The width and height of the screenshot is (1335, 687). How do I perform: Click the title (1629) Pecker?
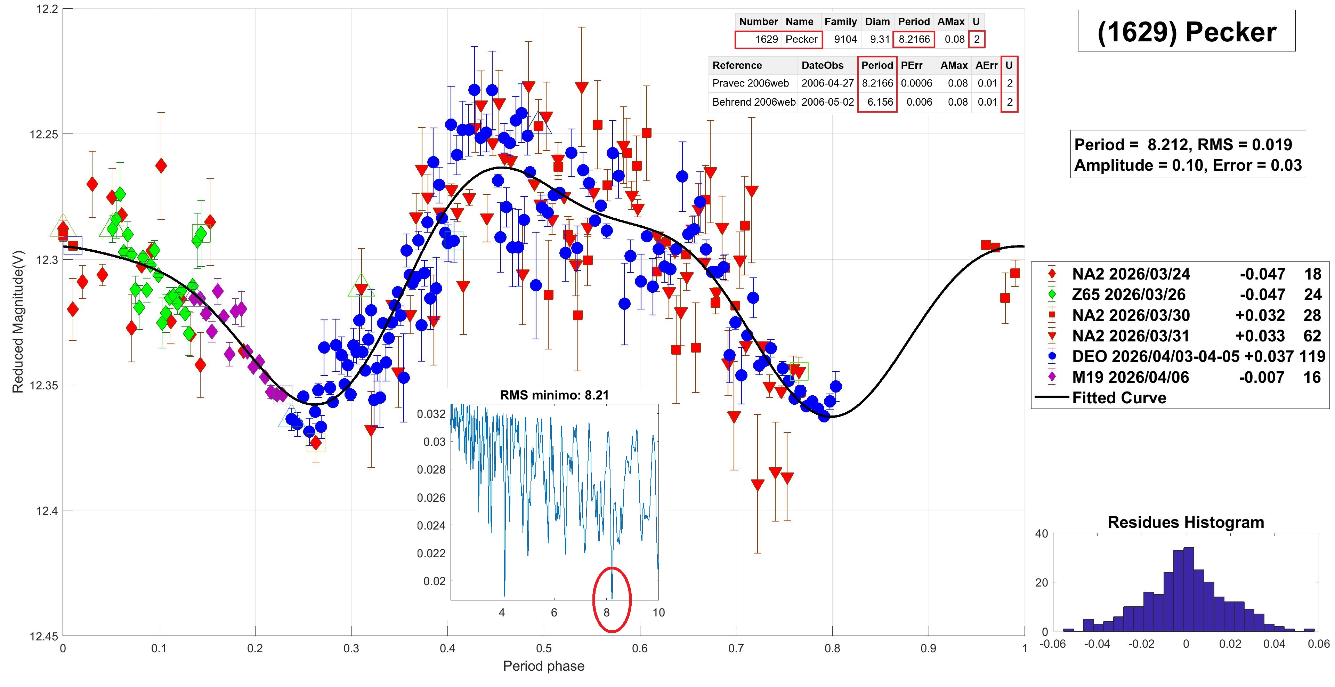1186,32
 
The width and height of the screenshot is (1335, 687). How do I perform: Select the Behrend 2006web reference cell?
753,102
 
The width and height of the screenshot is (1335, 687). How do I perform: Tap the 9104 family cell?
845,39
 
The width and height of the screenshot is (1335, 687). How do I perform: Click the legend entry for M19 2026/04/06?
1130,377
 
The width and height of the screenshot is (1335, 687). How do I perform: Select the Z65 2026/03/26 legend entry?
1128,295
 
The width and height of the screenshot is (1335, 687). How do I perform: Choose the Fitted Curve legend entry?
1119,398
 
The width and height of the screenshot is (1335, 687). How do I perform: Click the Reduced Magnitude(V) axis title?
18,322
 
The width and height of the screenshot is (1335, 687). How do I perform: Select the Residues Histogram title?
1186,522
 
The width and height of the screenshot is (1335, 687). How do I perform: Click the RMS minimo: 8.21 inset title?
554,395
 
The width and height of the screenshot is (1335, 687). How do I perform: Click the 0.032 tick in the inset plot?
431,414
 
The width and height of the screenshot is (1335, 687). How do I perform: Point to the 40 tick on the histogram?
1041,534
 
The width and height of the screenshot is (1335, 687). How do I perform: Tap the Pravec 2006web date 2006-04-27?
827,83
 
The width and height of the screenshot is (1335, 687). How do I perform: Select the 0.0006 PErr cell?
916,83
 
